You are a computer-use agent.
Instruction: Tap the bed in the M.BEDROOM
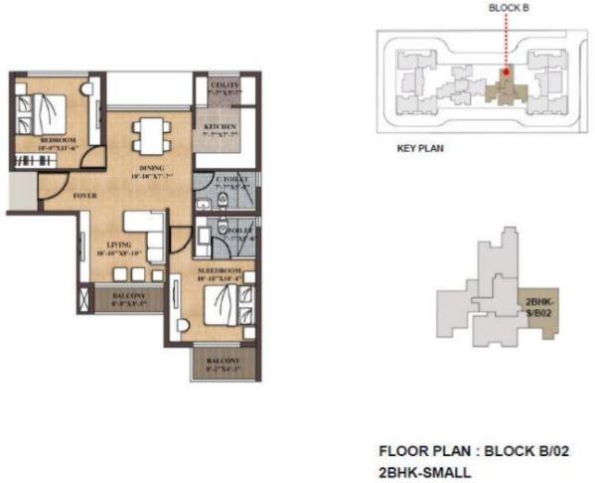click(x=235, y=304)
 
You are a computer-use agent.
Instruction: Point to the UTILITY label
click(x=224, y=87)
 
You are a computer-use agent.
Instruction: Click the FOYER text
click(x=86, y=196)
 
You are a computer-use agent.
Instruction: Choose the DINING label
click(x=152, y=168)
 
